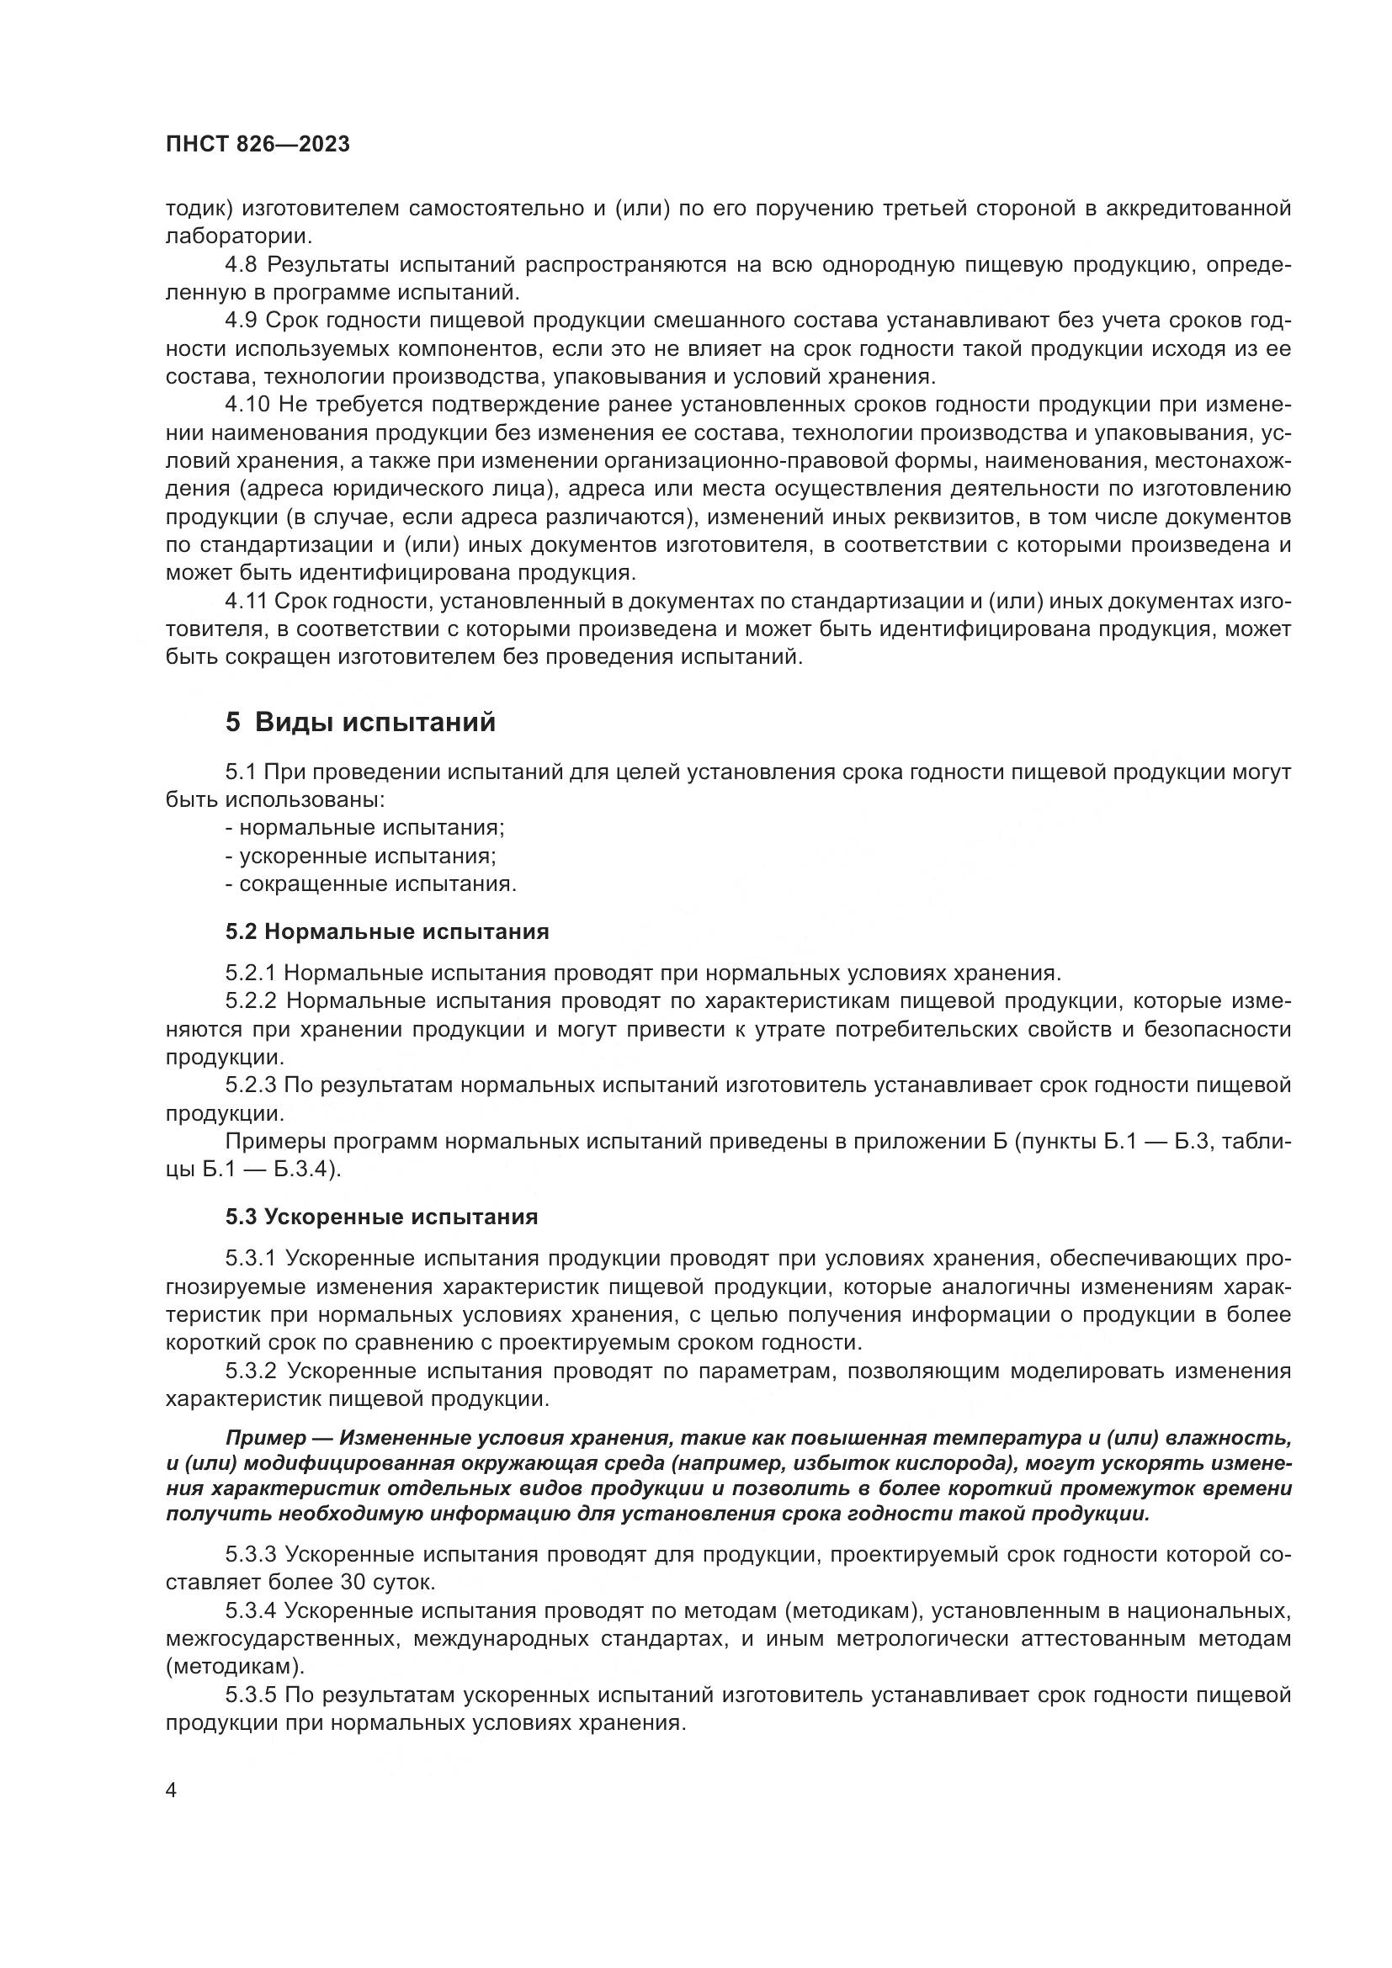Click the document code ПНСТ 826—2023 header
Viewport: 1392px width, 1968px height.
[x=258, y=144]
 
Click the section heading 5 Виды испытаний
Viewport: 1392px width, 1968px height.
[x=361, y=722]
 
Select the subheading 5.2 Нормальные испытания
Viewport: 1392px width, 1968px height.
[x=386, y=931]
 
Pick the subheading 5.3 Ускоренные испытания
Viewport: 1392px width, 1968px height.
[x=381, y=1217]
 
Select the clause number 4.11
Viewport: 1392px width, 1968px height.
[x=246, y=602]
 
